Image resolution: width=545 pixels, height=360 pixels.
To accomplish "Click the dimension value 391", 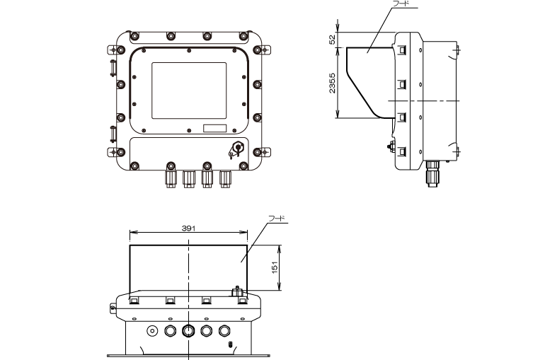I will (x=188, y=228).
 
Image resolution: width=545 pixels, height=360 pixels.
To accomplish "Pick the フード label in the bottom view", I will (x=277, y=219).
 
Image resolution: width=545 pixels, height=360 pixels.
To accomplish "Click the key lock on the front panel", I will (x=236, y=149).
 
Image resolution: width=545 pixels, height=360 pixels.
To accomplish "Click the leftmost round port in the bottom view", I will (x=151, y=330).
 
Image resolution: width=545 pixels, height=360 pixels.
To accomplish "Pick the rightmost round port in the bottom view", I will (x=225, y=330).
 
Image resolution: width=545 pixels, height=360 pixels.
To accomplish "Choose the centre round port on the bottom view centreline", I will (x=188, y=330).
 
